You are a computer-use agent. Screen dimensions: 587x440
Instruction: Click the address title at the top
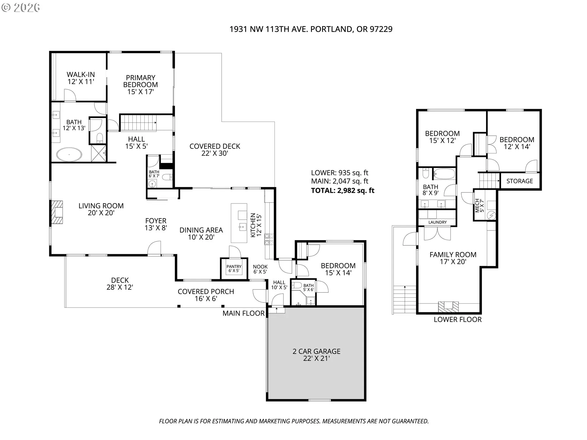(x=311, y=29)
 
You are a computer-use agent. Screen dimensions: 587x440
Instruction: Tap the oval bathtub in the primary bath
(x=69, y=155)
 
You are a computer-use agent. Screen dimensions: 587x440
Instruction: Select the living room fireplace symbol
(x=57, y=212)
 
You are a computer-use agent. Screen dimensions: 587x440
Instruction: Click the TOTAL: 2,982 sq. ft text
(x=343, y=191)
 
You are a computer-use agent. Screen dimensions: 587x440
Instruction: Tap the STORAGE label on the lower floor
(x=519, y=181)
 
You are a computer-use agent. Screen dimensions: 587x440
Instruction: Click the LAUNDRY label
(x=437, y=222)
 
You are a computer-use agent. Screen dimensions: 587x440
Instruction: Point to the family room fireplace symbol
(x=449, y=307)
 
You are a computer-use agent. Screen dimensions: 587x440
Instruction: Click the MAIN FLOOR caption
(x=243, y=313)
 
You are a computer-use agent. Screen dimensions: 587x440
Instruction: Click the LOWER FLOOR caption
(x=458, y=320)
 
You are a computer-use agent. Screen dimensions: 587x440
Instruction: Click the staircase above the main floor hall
(x=139, y=123)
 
